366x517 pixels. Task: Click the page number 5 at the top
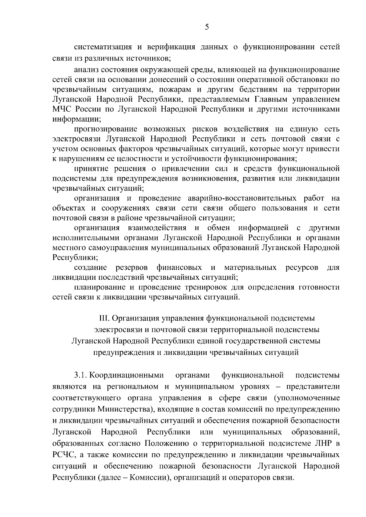point(207,27)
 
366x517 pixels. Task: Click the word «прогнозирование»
point(105,129)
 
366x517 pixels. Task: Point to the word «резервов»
point(132,267)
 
